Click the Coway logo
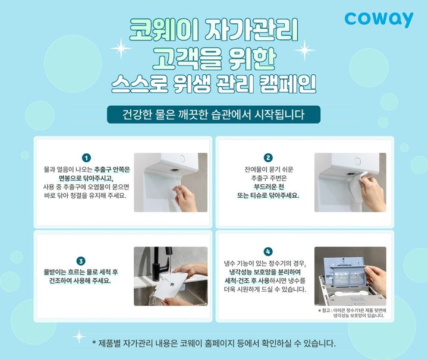(379, 19)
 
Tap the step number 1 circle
(87, 158)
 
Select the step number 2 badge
(268, 157)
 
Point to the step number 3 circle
(81, 261)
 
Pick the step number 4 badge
(268, 251)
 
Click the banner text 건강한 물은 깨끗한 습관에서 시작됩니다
(213, 115)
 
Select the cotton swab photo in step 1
(171, 182)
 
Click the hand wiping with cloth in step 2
(373, 189)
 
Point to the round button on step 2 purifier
(357, 160)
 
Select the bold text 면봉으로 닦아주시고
(86, 178)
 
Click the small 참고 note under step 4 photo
(352, 313)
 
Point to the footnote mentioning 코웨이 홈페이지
(214, 343)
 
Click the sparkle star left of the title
(121, 49)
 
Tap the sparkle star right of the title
(304, 50)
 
